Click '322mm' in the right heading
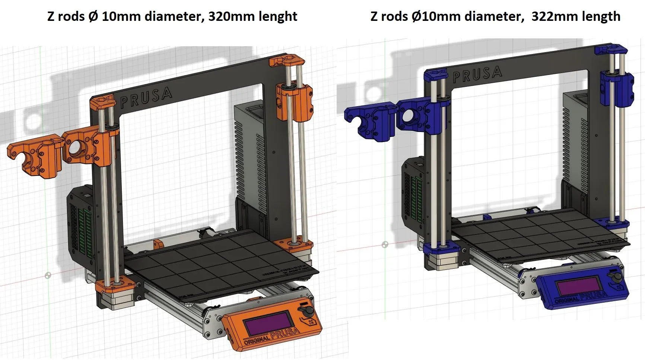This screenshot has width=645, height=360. click(549, 16)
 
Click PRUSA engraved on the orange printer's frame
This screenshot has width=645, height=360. click(146, 97)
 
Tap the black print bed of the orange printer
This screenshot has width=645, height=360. click(220, 261)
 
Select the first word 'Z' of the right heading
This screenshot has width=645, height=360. click(374, 16)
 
